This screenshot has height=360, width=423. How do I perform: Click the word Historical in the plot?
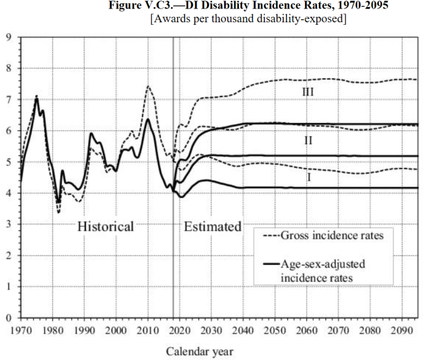click(105, 227)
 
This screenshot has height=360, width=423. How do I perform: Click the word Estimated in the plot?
click(212, 227)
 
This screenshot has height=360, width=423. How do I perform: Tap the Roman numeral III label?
click(308, 92)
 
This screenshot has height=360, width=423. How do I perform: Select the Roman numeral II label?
click(308, 139)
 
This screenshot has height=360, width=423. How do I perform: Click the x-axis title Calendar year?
click(198, 352)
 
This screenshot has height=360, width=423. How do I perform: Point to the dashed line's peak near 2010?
click(148, 86)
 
